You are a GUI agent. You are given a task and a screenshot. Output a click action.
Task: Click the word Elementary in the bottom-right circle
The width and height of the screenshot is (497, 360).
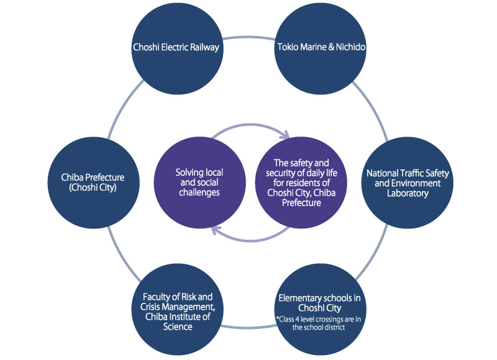pyautogui.click(x=298, y=297)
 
